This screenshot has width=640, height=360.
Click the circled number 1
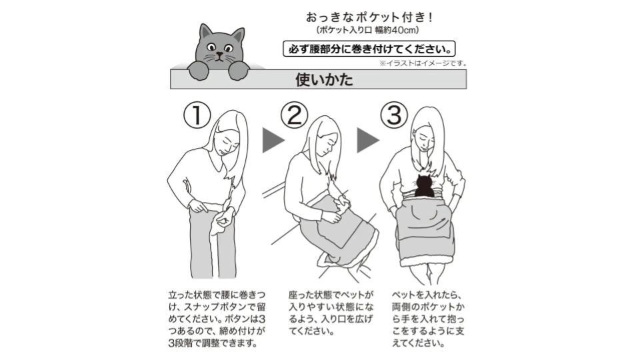point(197,115)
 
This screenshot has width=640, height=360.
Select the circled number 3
point(394,115)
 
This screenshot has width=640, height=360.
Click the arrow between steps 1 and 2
point(273,141)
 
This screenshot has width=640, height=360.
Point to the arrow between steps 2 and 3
point(368,141)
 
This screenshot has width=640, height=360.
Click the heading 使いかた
point(324,79)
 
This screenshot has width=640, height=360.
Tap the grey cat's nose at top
point(220,54)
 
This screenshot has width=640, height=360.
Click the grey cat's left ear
point(205,32)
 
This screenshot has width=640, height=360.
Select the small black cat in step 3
point(425,186)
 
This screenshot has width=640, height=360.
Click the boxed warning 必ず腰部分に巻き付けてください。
point(369,49)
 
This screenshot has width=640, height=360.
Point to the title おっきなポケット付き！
point(369,17)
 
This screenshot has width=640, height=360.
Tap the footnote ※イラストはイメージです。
point(423,63)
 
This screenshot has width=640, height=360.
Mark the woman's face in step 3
point(424,139)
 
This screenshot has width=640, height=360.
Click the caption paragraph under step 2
point(331,313)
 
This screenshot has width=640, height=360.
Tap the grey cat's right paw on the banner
point(239,70)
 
